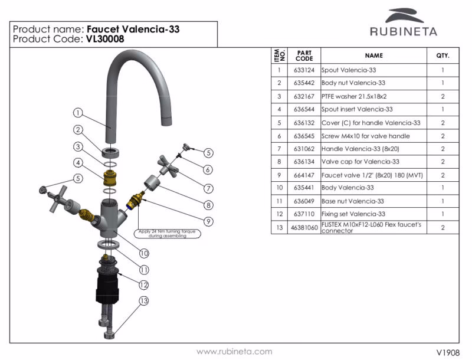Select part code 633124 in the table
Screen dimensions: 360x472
coord(304,70)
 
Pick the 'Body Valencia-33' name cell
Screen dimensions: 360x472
coord(348,188)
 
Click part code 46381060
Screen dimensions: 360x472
coord(304,227)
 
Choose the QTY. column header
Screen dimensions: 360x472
coord(442,55)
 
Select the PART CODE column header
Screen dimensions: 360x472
coord(304,55)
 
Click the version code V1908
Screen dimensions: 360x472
coord(447,352)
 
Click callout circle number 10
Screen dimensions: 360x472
coord(143,253)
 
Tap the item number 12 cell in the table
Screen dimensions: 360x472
coord(279,214)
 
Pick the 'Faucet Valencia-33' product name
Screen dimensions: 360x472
coord(133,28)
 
